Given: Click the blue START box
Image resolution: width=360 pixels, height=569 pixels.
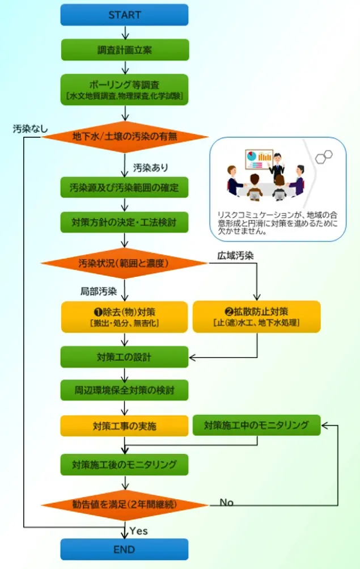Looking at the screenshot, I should [x=124, y=15].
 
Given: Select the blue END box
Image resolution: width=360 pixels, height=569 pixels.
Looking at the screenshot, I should [x=124, y=549].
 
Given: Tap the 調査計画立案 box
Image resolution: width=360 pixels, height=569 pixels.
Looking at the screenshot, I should [x=124, y=49].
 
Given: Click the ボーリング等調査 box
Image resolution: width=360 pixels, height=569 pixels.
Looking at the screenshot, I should [x=124, y=90].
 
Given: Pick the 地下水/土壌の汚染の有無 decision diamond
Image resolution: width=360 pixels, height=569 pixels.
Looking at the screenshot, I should [x=124, y=137].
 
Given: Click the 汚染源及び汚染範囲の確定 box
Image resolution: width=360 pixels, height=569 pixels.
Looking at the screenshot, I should [x=124, y=187].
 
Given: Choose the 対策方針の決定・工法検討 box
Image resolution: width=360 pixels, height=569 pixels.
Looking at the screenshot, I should [x=124, y=222].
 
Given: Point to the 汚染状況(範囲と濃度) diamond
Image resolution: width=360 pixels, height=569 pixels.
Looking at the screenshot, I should [x=124, y=263].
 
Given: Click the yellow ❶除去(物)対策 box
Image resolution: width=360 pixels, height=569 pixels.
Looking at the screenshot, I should [x=124, y=317].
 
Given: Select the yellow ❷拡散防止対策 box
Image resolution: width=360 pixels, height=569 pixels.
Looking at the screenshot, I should [x=257, y=317].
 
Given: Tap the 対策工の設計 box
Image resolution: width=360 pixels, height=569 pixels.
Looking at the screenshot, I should [x=124, y=357].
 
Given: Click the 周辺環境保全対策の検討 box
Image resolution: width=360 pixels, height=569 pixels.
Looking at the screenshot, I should [x=124, y=390].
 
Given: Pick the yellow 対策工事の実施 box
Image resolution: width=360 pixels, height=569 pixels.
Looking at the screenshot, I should [x=124, y=425].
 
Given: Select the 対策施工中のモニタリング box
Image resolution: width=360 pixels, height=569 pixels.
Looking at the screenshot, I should [x=257, y=425].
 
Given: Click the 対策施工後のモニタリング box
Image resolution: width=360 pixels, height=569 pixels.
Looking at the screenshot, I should [x=124, y=464].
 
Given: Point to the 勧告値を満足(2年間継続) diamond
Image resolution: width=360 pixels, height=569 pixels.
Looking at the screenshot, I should [x=124, y=504].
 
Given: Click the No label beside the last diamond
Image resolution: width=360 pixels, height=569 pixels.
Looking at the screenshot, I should [x=226, y=502].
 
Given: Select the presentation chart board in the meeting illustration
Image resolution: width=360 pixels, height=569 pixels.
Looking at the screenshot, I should [x=258, y=159].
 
